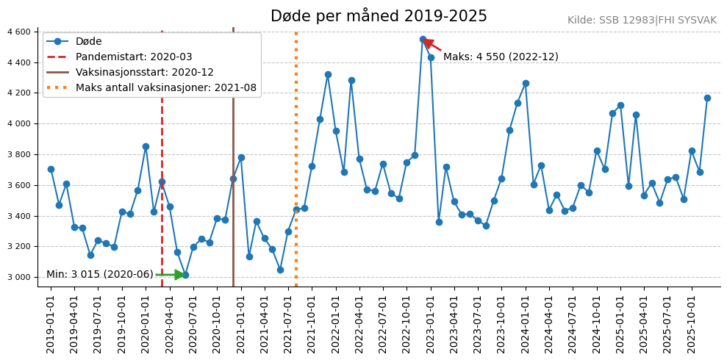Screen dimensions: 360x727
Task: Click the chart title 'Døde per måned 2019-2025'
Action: pyautogui.click(x=379, y=16)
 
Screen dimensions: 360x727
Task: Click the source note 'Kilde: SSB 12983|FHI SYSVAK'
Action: pyautogui.click(x=642, y=21)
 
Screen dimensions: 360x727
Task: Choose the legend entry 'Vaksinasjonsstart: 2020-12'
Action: pyautogui.click(x=144, y=73)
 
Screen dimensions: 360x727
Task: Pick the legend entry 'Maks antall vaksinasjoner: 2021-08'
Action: pyautogui.click(x=166, y=88)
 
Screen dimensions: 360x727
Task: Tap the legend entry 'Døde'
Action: pyautogui.click(x=88, y=42)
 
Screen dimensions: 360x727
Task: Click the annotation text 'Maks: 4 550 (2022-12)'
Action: pyautogui.click(x=501, y=57)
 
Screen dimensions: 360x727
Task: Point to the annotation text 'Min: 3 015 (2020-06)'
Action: pyautogui.click(x=100, y=275)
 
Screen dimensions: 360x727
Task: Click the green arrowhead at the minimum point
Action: pyautogui.click(x=180, y=275)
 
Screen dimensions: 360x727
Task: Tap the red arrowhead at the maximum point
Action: pyautogui.click(x=429, y=43)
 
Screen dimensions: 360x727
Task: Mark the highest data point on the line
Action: pyautogui.click(x=423, y=39)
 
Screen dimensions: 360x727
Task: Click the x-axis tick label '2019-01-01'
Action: pyautogui.click(x=51, y=321)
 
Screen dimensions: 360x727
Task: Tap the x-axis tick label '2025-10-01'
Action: pyautogui.click(x=691, y=321)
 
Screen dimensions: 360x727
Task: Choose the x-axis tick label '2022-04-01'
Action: pyautogui.click(x=359, y=321)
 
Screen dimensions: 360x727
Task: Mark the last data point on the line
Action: pyautogui.click(x=707, y=98)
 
